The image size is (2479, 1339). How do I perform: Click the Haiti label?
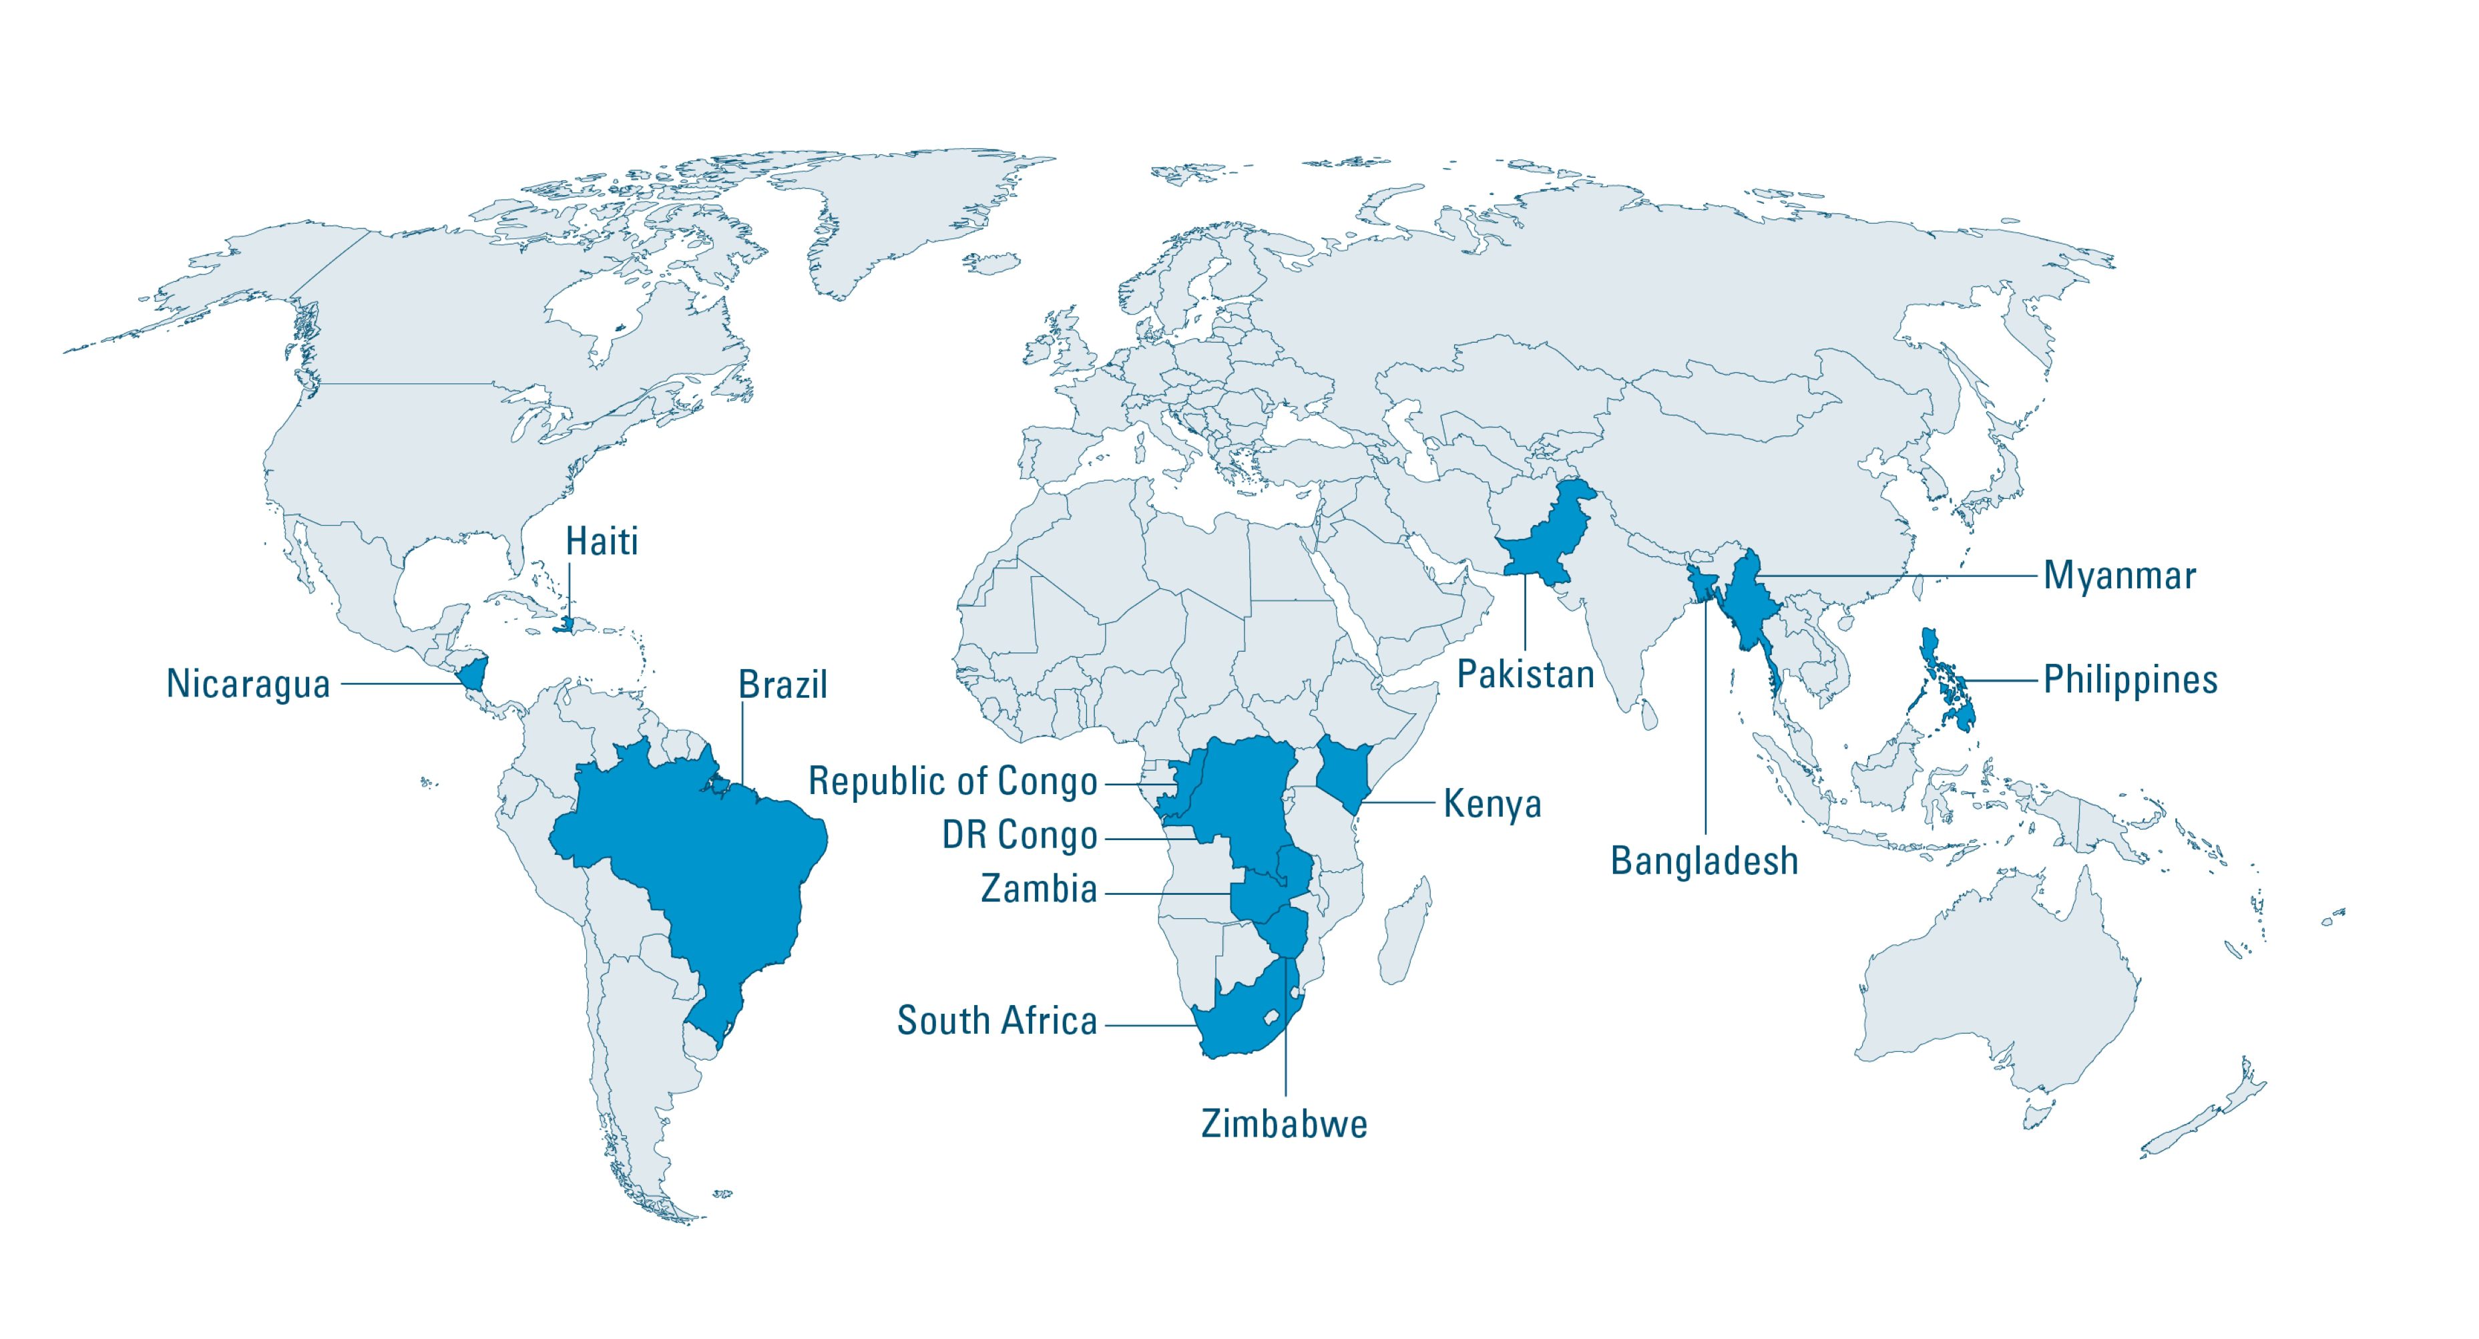[602, 542]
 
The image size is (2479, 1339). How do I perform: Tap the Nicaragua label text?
[248, 683]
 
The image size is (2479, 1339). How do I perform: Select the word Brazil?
[781, 685]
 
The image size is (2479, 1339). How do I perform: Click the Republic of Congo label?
[952, 781]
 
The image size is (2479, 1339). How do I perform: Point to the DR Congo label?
[1019, 835]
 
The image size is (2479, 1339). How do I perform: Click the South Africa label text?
[996, 1020]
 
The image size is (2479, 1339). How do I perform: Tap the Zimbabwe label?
[1284, 1123]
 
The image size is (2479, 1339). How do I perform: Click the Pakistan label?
[1526, 674]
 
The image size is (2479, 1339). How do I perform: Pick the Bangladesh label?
[1705, 861]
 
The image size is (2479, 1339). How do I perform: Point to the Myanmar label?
[2119, 576]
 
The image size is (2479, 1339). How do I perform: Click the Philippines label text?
[2130, 680]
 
